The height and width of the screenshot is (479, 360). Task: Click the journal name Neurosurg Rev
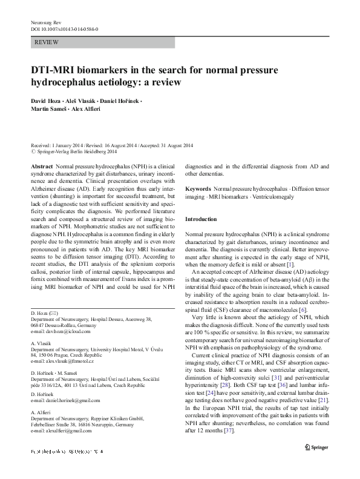(45, 22)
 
